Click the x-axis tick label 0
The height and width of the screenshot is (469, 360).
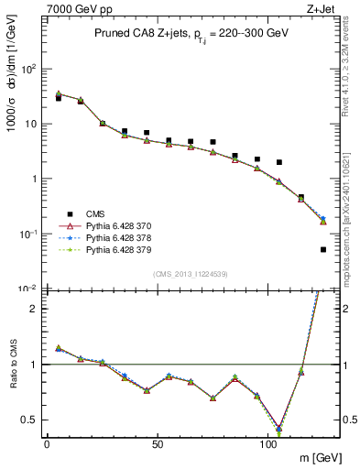(x=47, y=442)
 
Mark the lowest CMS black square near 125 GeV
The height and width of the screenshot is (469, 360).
(x=323, y=249)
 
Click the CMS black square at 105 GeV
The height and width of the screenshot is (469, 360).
(x=279, y=162)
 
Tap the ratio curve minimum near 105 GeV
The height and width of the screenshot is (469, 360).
(x=279, y=428)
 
